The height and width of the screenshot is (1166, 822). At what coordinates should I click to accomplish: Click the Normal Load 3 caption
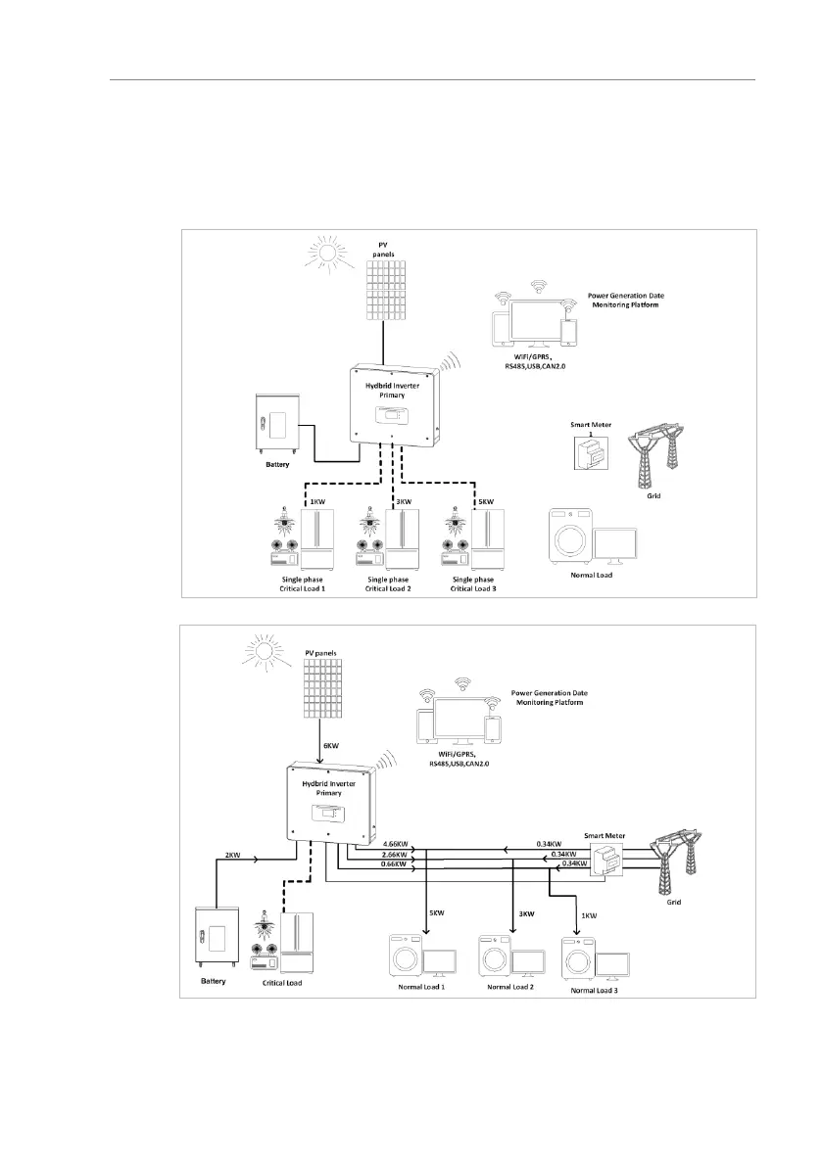tap(594, 990)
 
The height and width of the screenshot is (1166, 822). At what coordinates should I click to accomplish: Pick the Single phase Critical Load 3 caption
tap(473, 584)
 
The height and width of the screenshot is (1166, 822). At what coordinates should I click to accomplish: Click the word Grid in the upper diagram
tap(654, 496)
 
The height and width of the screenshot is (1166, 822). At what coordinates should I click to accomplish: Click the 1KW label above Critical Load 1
tap(316, 502)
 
